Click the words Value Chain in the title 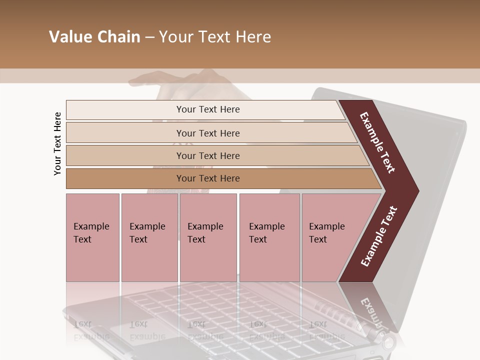(94, 37)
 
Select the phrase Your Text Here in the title (215, 37)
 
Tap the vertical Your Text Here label (57, 143)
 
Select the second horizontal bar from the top (207, 133)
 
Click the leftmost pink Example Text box (92, 237)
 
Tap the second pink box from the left (149, 237)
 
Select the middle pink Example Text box (208, 237)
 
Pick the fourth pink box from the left (269, 237)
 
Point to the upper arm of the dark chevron (378, 142)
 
